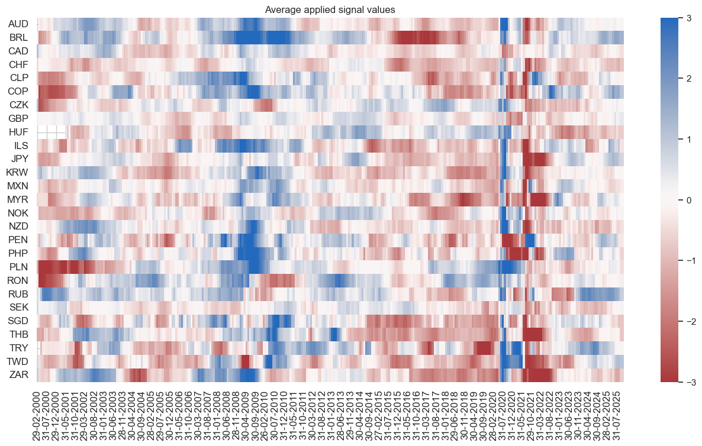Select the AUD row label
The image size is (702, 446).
pyautogui.click(x=19, y=24)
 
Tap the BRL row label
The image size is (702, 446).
pyautogui.click(x=19, y=37)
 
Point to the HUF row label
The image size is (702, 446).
pyautogui.click(x=19, y=132)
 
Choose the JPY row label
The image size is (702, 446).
pyautogui.click(x=19, y=159)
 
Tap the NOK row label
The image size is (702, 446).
pyautogui.click(x=19, y=213)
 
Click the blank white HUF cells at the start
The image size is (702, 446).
pyautogui.click(x=51, y=132)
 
